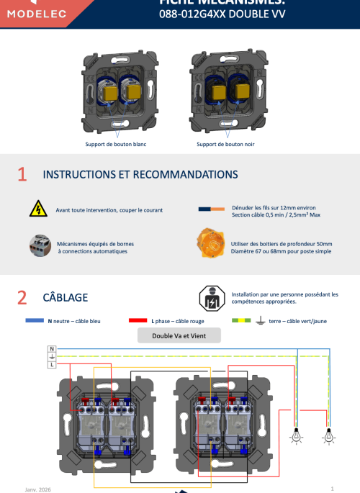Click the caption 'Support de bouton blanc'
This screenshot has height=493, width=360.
pyautogui.click(x=115, y=144)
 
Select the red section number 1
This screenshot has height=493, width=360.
pyautogui.click(x=22, y=175)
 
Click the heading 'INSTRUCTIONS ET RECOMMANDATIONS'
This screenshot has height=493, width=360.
pyautogui.click(x=140, y=175)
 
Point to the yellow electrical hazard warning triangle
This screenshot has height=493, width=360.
pyautogui.click(x=37, y=210)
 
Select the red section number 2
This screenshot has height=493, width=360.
pyautogui.click(x=22, y=297)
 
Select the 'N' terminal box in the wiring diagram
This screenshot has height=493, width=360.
pyautogui.click(x=52, y=349)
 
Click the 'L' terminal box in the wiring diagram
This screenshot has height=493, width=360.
pyautogui.click(x=52, y=365)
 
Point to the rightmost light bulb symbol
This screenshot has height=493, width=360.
pyautogui.click(x=329, y=435)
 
